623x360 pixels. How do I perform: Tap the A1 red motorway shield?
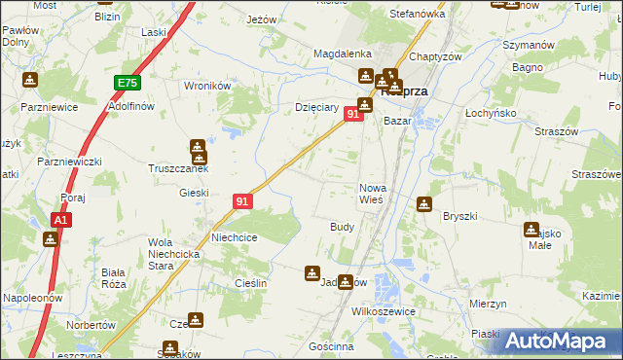click(60, 221)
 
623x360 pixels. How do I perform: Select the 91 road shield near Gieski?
click(243, 201)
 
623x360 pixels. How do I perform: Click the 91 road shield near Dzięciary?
click(354, 115)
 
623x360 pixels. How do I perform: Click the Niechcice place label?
click(234, 236)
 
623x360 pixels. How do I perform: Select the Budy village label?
click(342, 226)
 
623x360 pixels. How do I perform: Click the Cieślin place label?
click(249, 281)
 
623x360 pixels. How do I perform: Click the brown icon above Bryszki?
click(423, 203)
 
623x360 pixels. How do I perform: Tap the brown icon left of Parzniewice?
click(30, 80)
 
